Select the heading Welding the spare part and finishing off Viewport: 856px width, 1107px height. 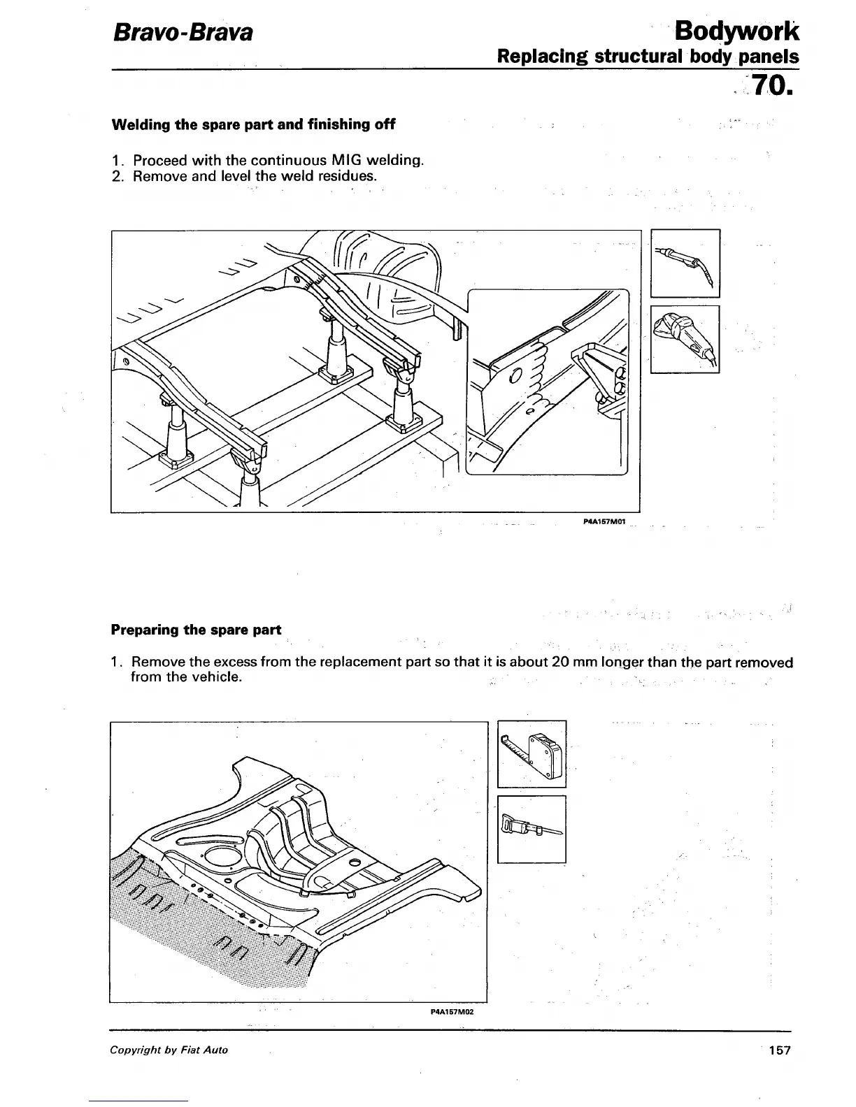coord(253,125)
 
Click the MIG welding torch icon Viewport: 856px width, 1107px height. coord(685,263)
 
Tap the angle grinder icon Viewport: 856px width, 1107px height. coord(685,339)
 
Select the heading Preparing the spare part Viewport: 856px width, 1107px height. coord(197,630)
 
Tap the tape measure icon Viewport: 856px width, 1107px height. coord(532,753)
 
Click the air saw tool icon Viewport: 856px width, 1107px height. coord(532,829)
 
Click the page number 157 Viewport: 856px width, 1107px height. coord(778,1050)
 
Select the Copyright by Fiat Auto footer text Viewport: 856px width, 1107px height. coord(169,1050)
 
